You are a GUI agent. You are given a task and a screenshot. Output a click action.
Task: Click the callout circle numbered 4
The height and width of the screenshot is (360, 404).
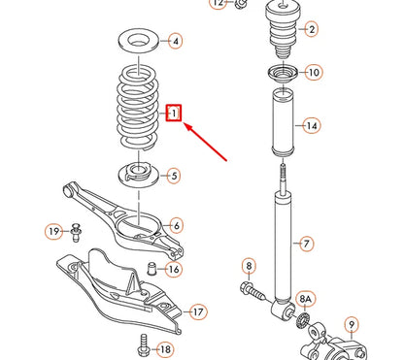175,42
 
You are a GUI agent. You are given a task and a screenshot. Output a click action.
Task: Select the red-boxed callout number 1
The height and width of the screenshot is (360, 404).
174,113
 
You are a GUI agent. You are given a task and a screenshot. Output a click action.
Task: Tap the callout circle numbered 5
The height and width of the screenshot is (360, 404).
173,176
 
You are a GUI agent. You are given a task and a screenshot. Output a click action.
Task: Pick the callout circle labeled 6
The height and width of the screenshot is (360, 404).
175,225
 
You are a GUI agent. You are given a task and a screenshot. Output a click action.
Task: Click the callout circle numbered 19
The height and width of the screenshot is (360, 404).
53,231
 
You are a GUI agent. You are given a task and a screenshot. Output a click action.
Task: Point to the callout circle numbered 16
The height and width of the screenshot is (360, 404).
174,270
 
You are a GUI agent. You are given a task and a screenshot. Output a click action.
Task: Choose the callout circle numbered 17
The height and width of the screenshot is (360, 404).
198,311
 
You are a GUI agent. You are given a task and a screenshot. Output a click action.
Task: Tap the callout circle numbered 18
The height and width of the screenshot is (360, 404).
165,348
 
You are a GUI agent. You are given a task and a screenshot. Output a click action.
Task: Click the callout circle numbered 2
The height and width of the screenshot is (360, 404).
311,30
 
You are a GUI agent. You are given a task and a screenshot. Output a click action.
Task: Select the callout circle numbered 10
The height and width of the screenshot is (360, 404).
312,73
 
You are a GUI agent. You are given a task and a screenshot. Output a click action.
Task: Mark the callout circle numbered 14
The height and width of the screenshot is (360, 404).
311,126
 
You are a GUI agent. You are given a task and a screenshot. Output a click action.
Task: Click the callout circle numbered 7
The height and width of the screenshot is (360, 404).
306,243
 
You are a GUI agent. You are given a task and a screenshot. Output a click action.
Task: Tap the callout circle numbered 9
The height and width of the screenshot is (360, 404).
352,324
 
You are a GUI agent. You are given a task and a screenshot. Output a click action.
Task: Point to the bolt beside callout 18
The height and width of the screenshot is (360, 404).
143,344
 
